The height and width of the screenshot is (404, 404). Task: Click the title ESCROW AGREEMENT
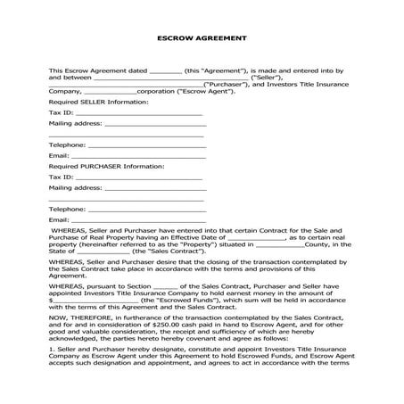202,38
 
